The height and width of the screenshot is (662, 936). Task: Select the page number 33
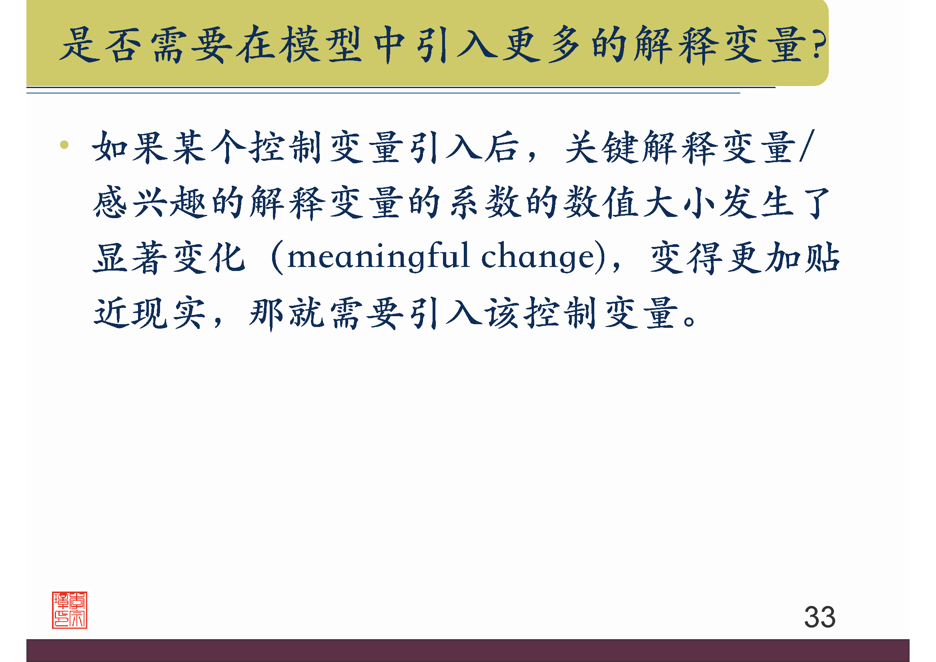click(820, 617)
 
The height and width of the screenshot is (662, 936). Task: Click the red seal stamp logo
click(69, 610)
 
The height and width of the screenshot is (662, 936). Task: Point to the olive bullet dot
click(64, 145)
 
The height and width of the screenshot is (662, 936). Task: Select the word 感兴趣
click(149, 203)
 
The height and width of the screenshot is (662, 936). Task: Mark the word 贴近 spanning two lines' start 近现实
click(110, 313)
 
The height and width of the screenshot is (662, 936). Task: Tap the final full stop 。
click(689, 321)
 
